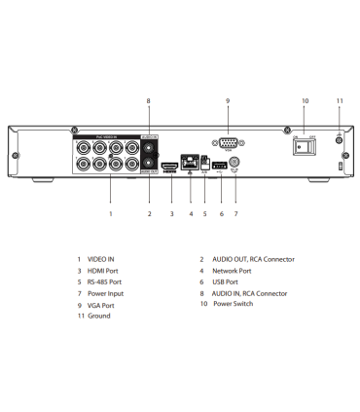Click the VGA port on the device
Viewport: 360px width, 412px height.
pyautogui.click(x=228, y=142)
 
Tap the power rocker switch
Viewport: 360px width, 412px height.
pyautogui.click(x=305, y=147)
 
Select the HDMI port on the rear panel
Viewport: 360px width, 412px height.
pyautogui.click(x=170, y=167)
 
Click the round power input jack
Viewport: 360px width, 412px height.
pyautogui.click(x=235, y=164)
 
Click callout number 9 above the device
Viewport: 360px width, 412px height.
pyautogui.click(x=228, y=100)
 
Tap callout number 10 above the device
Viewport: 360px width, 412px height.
pyautogui.click(x=305, y=100)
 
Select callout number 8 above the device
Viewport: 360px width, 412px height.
pyautogui.click(x=149, y=100)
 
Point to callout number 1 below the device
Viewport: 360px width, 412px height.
pyautogui.click(x=110, y=213)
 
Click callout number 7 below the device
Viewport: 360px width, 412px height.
pyautogui.click(x=235, y=213)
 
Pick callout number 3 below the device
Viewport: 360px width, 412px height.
pyautogui.click(x=171, y=213)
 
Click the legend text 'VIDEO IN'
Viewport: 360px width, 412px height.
pyautogui.click(x=102, y=259)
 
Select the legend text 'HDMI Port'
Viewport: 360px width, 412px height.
pyautogui.click(x=104, y=270)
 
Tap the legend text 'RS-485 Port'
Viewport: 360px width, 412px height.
pyautogui.click(x=106, y=281)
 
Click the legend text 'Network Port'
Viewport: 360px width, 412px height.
pyautogui.click(x=233, y=270)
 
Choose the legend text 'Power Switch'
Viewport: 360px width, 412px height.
pyautogui.click(x=233, y=304)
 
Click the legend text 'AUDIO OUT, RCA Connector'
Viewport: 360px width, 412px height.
pyautogui.click(x=253, y=259)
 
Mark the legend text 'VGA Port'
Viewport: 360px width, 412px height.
pyautogui.click(x=102, y=304)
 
